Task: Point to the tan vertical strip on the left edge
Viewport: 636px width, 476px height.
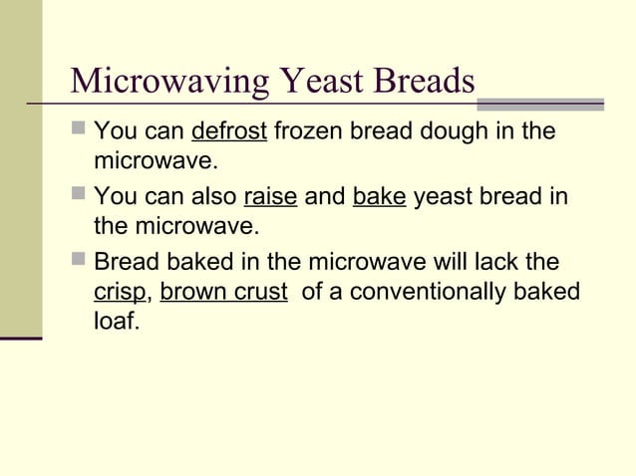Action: pyautogui.click(x=21, y=169)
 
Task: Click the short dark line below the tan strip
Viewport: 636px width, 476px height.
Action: pyautogui.click(x=21, y=340)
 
